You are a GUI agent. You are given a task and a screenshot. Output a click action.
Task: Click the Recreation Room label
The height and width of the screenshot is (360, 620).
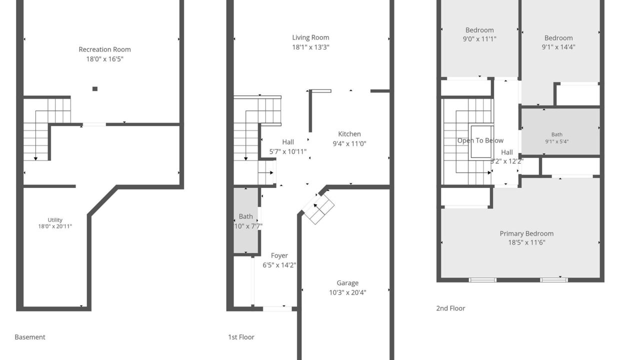pos(104,49)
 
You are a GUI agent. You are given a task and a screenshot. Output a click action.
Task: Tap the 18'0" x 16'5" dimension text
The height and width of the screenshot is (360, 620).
pos(104,59)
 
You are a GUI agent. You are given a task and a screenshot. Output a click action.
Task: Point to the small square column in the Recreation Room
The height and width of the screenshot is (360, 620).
pos(95,89)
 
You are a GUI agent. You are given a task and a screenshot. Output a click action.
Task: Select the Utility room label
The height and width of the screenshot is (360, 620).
pos(55,220)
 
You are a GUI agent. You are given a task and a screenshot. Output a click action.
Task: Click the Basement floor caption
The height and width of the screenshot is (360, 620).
pos(30,337)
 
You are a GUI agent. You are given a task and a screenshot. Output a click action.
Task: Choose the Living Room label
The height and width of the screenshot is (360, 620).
pos(310,37)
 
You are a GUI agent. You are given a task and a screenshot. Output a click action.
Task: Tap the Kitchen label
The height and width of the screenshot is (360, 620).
pos(349,134)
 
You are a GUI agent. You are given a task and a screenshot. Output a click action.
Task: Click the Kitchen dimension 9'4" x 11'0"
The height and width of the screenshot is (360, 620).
pos(349,143)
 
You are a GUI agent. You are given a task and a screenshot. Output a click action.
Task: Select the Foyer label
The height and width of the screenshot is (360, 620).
pos(279,255)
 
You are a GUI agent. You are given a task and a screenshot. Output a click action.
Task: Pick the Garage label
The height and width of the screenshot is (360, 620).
pos(347,283)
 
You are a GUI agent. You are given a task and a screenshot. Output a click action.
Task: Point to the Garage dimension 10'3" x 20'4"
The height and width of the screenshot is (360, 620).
pos(347,292)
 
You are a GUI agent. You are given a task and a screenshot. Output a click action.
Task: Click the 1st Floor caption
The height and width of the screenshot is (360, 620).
pos(241,337)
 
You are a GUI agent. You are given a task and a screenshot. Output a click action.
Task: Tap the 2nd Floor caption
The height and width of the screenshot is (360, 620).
pos(450,308)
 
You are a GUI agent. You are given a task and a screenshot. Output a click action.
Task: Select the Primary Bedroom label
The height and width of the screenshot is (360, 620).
pos(526,234)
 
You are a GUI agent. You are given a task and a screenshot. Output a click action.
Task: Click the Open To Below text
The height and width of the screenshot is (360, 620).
pos(480,140)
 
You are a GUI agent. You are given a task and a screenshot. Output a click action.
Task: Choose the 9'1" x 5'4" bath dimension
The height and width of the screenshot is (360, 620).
pos(557,141)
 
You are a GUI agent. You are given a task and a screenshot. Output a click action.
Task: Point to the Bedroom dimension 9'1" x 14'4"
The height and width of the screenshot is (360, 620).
pos(558,47)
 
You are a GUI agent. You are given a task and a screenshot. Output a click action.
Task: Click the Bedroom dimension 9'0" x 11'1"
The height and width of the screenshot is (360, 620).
pos(479,39)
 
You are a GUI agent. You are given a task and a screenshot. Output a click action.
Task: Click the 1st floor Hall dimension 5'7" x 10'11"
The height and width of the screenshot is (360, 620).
pos(288,151)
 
